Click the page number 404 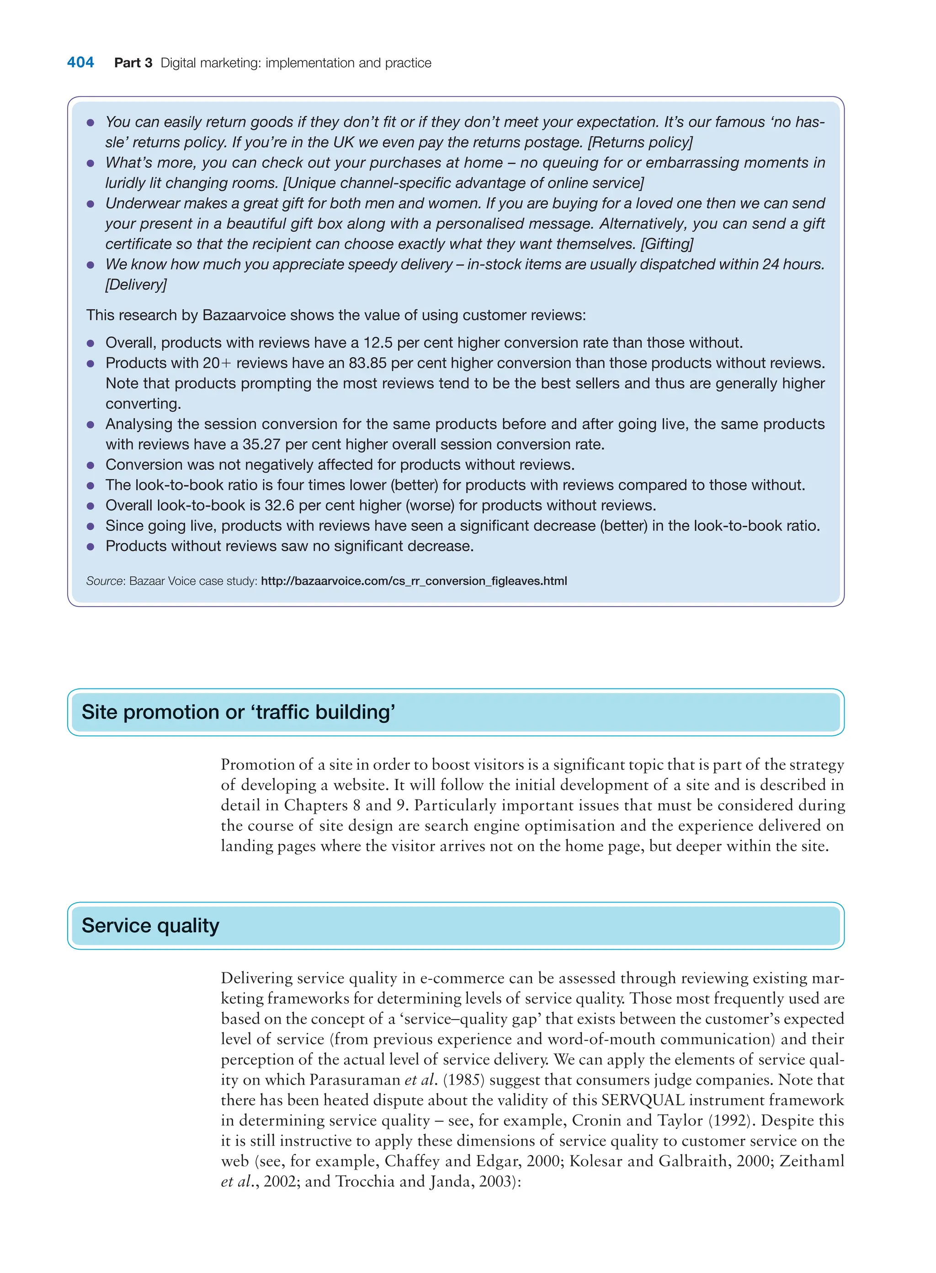[80, 62]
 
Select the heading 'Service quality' [150, 925]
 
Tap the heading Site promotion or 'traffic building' [238, 712]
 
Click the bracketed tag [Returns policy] [640, 142]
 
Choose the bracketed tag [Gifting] [667, 244]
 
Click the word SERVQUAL [643, 1100]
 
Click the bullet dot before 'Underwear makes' [90, 204]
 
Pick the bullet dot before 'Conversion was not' [90, 466]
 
